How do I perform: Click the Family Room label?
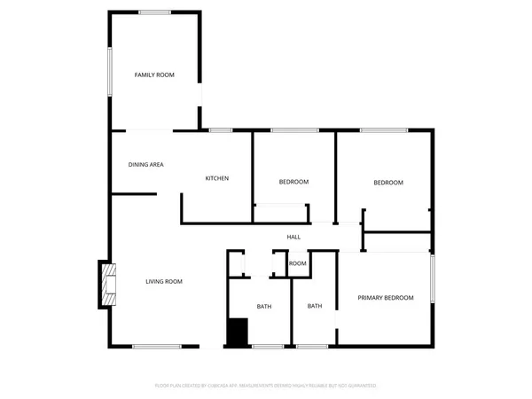click(154, 75)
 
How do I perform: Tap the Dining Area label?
click(146, 164)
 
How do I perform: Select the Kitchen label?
click(217, 178)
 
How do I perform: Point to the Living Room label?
click(164, 282)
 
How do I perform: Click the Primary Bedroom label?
click(386, 298)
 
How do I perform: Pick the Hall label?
click(293, 237)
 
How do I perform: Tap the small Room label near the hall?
click(298, 263)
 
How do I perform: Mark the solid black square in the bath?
click(237, 332)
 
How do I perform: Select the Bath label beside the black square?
click(264, 307)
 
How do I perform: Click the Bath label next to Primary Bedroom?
click(315, 307)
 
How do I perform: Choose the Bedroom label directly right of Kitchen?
click(293, 182)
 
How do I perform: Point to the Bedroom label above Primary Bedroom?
click(387, 183)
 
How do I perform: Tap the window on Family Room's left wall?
click(110, 70)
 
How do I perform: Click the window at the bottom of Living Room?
click(157, 346)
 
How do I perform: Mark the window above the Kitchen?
click(221, 131)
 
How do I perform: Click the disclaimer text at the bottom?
click(265, 386)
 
